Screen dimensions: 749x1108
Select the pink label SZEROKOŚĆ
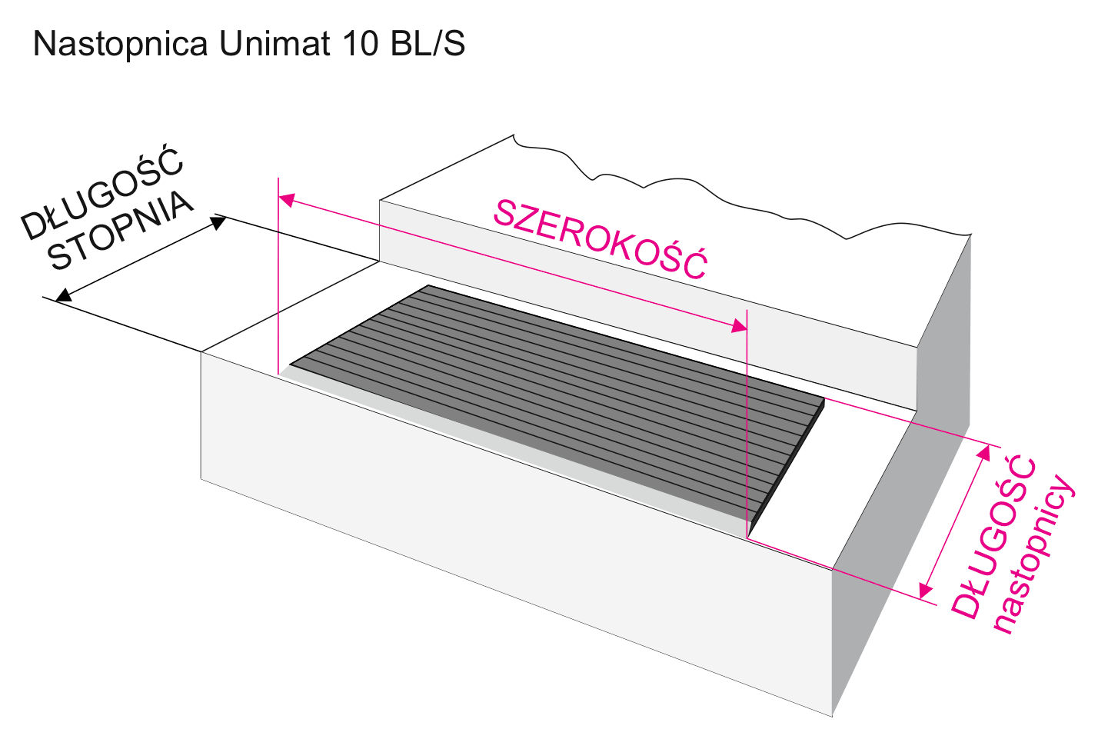click(x=600, y=239)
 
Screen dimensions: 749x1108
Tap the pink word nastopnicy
click(x=1035, y=554)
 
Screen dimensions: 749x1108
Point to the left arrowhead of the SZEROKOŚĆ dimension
click(x=285, y=199)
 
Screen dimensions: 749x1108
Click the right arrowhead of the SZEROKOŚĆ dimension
click(x=740, y=327)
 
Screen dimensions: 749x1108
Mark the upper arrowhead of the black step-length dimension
click(x=220, y=222)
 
